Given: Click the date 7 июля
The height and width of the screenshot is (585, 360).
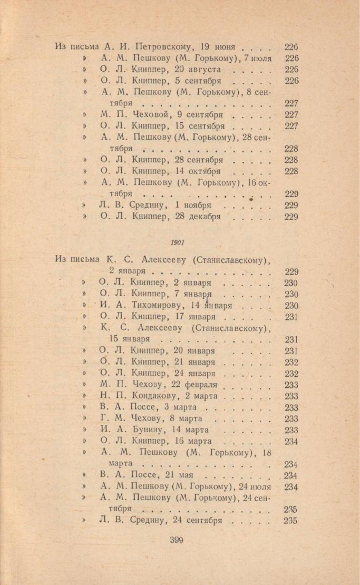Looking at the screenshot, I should (x=255, y=58).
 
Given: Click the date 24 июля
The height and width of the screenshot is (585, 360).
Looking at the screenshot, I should (x=255, y=486).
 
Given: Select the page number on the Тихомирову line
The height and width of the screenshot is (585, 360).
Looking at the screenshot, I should (x=291, y=306).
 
